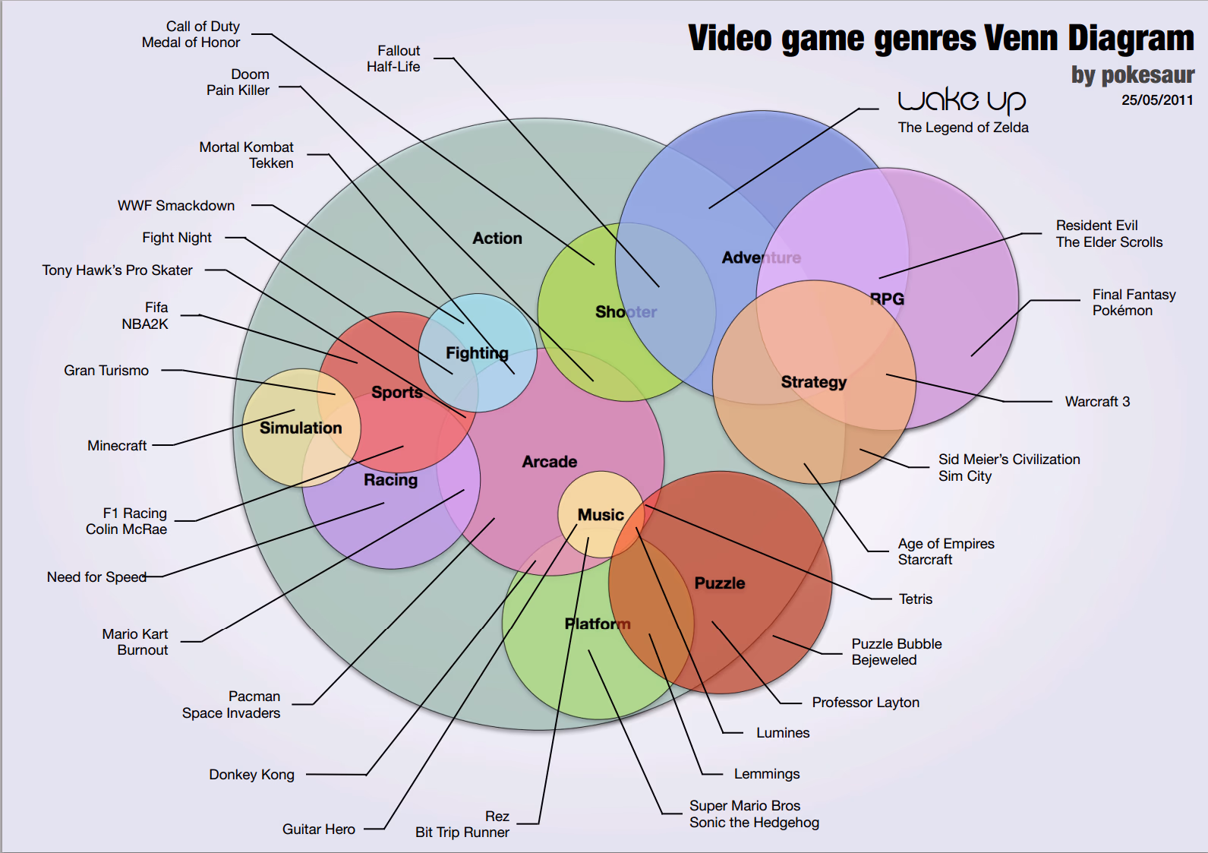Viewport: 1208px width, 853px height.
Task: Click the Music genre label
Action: (x=601, y=515)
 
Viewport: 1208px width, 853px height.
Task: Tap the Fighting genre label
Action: (x=477, y=353)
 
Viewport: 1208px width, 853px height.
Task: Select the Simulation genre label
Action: (x=301, y=428)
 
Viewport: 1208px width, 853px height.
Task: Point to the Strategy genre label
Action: (x=814, y=382)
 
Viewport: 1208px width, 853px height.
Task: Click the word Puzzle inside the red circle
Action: (x=719, y=583)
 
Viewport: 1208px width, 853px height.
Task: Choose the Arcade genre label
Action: (x=549, y=462)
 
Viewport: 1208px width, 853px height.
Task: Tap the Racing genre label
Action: (x=390, y=480)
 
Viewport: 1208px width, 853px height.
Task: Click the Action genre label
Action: (x=497, y=238)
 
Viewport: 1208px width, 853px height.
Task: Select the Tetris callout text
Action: (x=915, y=599)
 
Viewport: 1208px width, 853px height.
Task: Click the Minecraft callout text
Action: (x=117, y=446)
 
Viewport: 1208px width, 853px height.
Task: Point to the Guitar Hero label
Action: (x=319, y=829)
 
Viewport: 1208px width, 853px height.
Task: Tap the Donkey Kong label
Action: (x=252, y=775)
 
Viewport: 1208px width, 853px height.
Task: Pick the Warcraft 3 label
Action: (x=1097, y=401)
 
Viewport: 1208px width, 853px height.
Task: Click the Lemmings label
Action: (x=766, y=774)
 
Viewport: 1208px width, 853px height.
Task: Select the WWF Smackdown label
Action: (x=176, y=206)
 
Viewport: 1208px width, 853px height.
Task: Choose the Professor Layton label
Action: (x=866, y=703)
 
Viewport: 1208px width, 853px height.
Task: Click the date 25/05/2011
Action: (x=1157, y=100)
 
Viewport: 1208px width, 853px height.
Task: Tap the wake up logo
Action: (x=961, y=101)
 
